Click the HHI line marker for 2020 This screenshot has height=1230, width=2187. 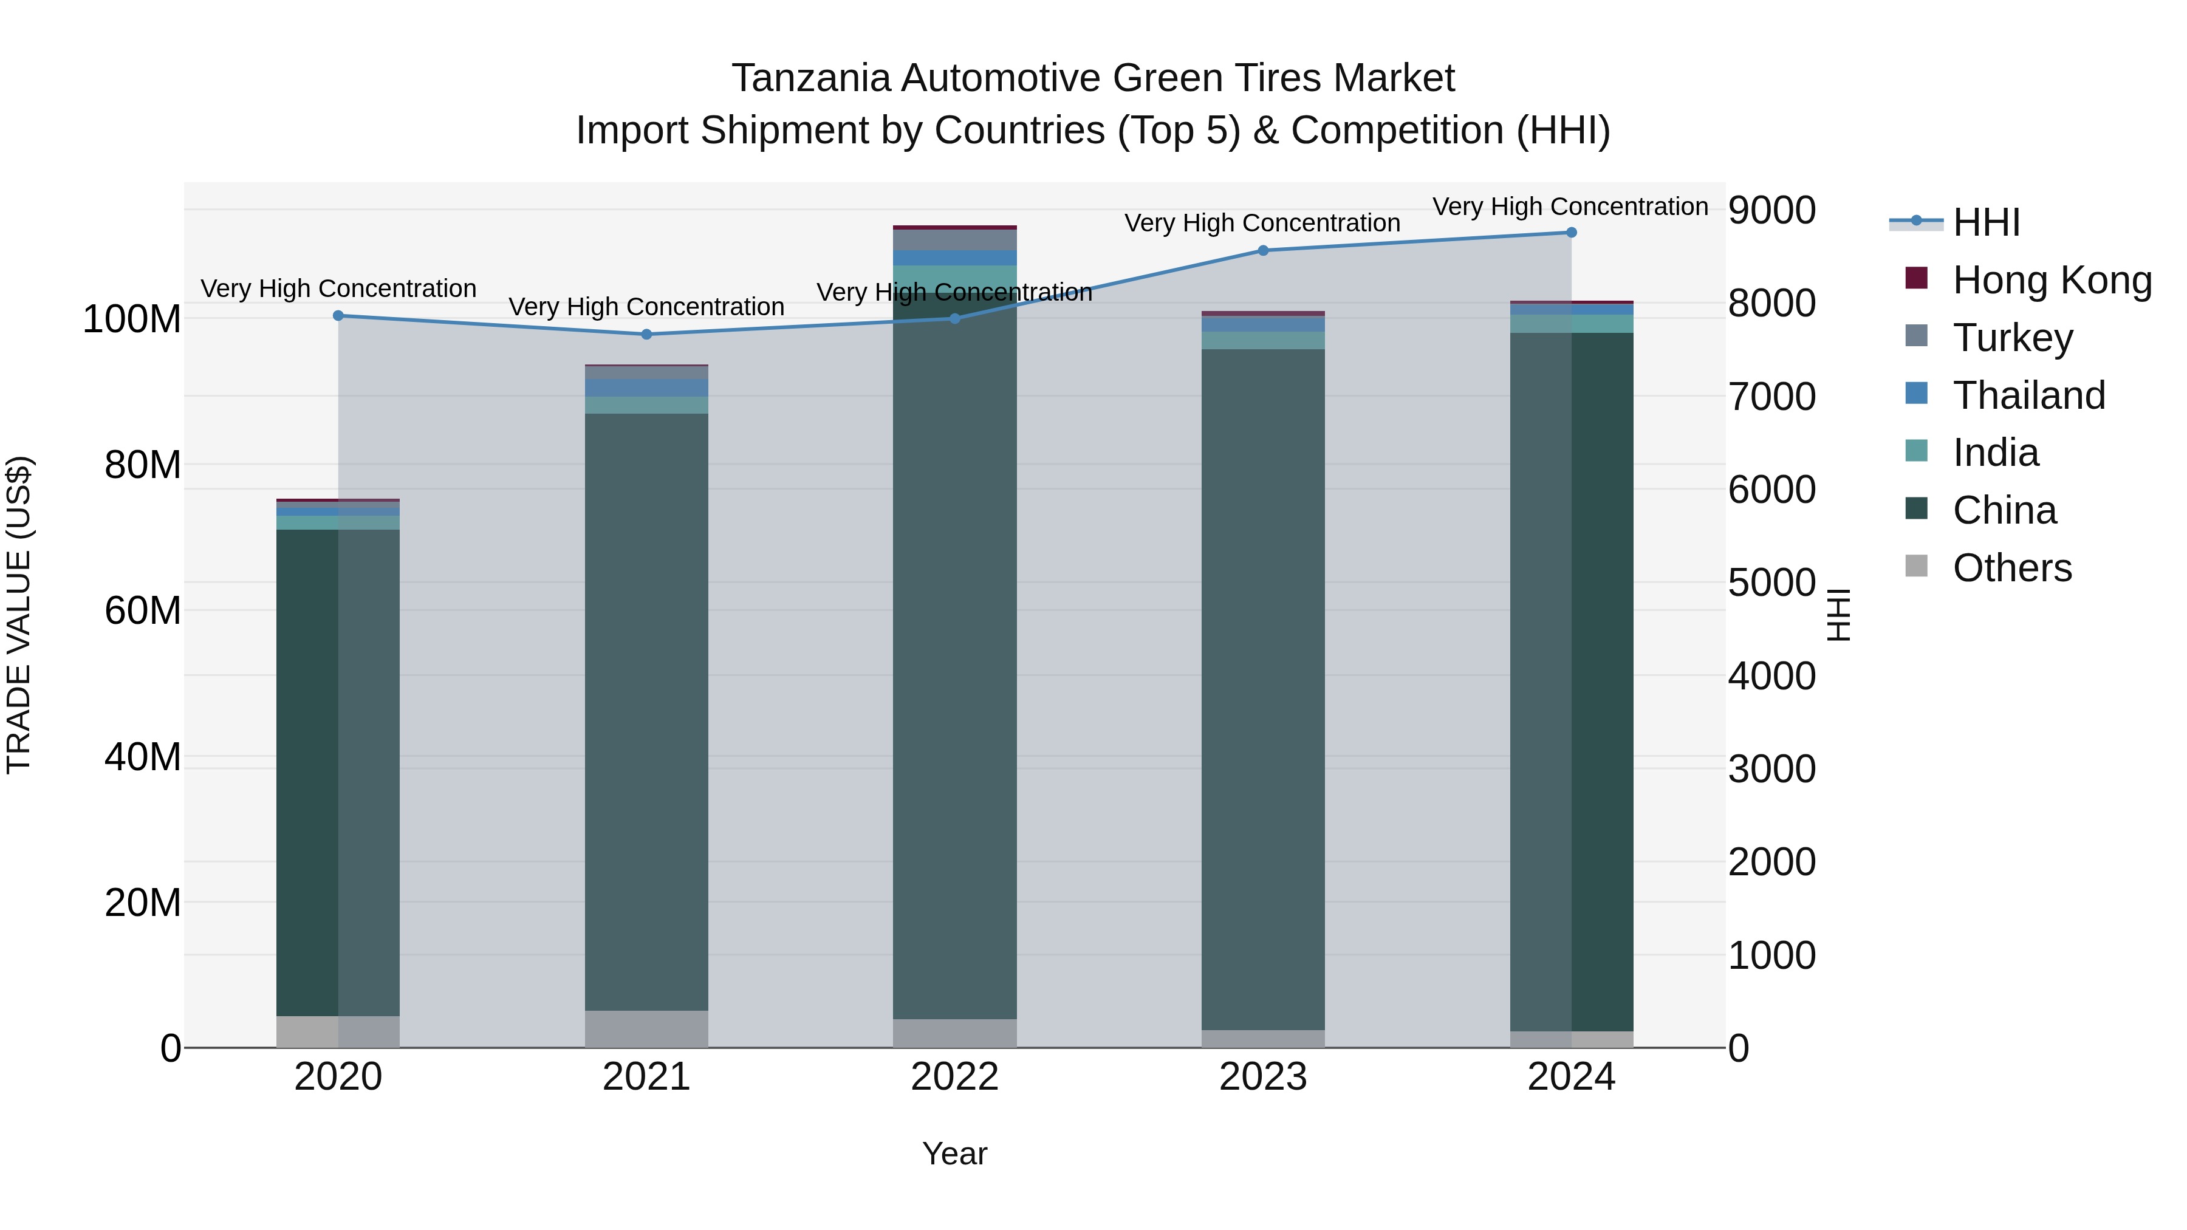point(338,316)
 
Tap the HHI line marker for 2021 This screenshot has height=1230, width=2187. point(646,335)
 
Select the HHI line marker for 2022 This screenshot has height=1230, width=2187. point(954,318)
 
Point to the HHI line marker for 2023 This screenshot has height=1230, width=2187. point(1262,250)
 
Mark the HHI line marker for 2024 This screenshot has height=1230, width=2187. point(1570,233)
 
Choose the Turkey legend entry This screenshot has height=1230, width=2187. point(2012,338)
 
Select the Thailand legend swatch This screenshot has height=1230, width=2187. point(1916,394)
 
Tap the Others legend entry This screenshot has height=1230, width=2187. point(2012,568)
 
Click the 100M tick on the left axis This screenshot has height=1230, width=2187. point(132,320)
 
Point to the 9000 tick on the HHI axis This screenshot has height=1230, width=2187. point(1772,211)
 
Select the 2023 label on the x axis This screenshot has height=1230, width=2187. point(1262,1077)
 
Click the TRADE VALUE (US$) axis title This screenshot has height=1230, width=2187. point(19,615)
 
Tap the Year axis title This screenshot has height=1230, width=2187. point(954,1153)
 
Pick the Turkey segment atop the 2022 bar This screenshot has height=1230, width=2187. point(954,240)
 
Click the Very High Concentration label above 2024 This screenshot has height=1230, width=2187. point(1570,207)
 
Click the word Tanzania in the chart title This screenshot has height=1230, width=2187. point(811,78)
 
